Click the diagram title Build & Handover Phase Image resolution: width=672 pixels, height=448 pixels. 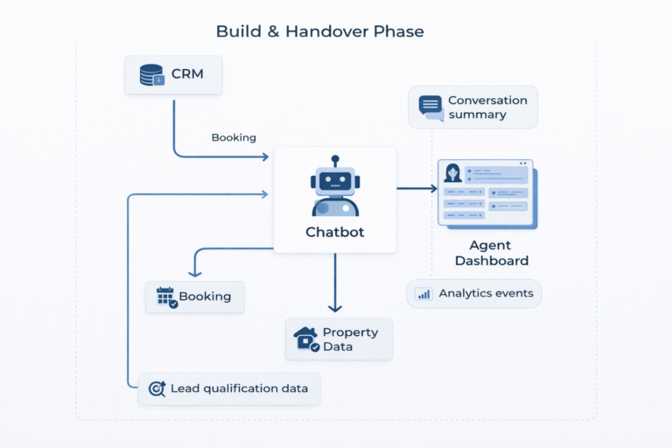pyautogui.click(x=320, y=31)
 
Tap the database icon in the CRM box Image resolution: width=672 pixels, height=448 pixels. pyautogui.click(x=151, y=75)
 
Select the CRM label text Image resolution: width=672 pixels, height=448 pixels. pyautogui.click(x=187, y=75)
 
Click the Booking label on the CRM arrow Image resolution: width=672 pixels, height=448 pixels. pyautogui.click(x=234, y=137)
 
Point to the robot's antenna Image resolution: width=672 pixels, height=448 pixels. pyautogui.click(x=335, y=162)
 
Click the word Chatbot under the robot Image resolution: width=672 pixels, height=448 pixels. pyautogui.click(x=335, y=232)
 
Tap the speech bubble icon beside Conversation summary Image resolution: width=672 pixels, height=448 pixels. pyautogui.click(x=430, y=107)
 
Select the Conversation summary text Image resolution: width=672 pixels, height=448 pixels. pyautogui.click(x=487, y=107)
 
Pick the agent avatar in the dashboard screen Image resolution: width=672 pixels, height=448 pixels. pyautogui.click(x=453, y=172)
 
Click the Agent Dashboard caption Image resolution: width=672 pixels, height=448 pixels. pyautogui.click(x=491, y=253)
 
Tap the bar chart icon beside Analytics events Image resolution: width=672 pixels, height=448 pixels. pyautogui.click(x=424, y=294)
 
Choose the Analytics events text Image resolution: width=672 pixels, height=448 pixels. pyautogui.click(x=486, y=293)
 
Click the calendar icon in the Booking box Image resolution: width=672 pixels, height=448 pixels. pyautogui.click(x=166, y=297)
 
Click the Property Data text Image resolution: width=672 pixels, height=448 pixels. pyautogui.click(x=350, y=339)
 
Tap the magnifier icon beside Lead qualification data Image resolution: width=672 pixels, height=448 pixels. pyautogui.click(x=157, y=388)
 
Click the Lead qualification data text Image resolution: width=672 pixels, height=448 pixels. pyautogui.click(x=239, y=388)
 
